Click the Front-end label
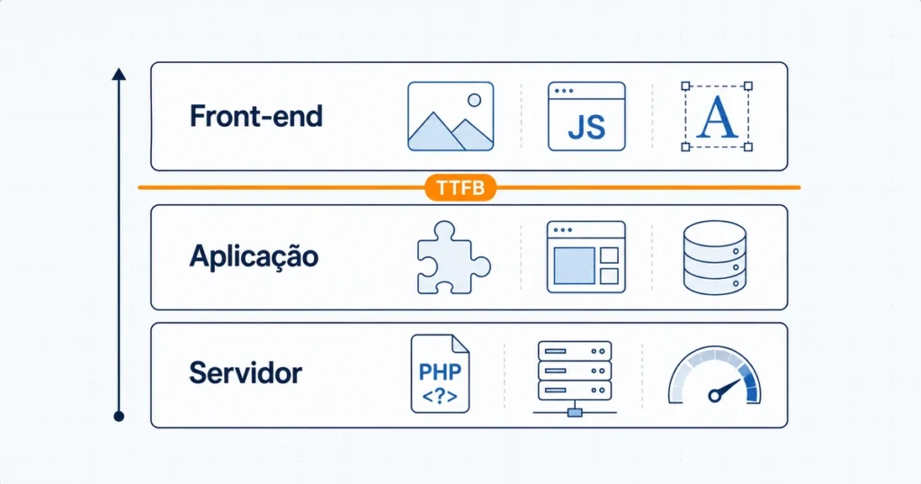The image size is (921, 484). [x=256, y=116]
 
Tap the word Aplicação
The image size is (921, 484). [x=254, y=256]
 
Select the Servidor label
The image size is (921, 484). [x=246, y=373]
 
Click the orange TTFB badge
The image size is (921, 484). [x=460, y=188]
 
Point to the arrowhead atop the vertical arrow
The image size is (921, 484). [x=120, y=74]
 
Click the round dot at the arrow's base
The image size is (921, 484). [x=119, y=417]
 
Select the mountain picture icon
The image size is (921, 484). [x=451, y=116]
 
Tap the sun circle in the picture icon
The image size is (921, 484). [x=474, y=100]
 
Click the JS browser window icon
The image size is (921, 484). [x=586, y=116]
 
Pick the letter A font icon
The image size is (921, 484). [x=717, y=116]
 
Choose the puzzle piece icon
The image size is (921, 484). [x=453, y=257]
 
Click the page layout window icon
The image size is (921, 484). [x=586, y=256]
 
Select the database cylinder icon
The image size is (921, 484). [x=715, y=257]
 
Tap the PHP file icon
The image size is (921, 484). [x=440, y=373]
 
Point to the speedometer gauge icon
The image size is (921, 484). [x=714, y=375]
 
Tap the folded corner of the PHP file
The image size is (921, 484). [x=460, y=344]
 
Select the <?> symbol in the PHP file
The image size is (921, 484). [x=439, y=397]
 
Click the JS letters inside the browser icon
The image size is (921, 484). [x=586, y=127]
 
